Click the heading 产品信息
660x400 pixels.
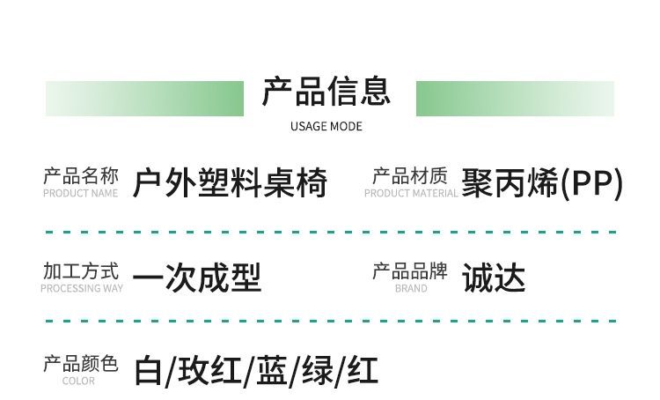(x=326, y=92)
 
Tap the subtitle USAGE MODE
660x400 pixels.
(x=326, y=126)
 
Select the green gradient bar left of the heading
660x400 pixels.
(x=144, y=98)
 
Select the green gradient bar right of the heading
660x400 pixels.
(x=515, y=98)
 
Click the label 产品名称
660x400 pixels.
(x=80, y=175)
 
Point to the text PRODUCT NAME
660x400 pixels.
(x=80, y=193)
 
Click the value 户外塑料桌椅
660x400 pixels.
(x=230, y=183)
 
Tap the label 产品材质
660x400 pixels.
(x=410, y=175)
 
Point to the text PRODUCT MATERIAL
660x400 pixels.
(x=410, y=193)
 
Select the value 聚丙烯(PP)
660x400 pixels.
(x=541, y=183)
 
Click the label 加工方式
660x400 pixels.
(x=80, y=270)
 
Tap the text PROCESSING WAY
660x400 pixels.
(x=81, y=288)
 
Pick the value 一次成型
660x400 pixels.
(x=197, y=278)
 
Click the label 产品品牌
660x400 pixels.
(x=410, y=270)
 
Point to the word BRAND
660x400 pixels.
(x=410, y=288)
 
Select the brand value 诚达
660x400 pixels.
(x=493, y=278)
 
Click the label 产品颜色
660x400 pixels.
(x=80, y=363)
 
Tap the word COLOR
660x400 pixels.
(x=79, y=381)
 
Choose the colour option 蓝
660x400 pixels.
(x=271, y=371)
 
